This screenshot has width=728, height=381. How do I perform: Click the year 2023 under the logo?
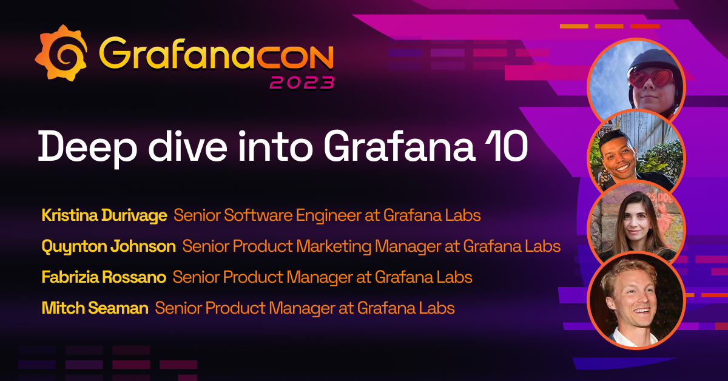click(302, 83)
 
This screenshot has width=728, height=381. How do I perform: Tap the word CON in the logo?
click(295, 56)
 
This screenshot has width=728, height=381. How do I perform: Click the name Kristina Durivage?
click(104, 215)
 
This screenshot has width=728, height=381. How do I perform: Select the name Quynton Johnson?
click(109, 246)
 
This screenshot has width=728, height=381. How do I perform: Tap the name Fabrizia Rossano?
click(104, 277)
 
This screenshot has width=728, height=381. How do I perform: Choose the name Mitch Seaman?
click(95, 308)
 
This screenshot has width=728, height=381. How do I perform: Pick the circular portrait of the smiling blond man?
click(636, 300)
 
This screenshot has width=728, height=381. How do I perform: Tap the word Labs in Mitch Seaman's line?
click(436, 308)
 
